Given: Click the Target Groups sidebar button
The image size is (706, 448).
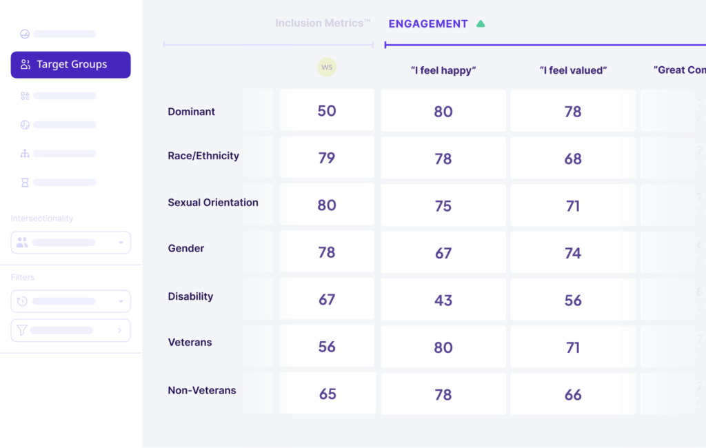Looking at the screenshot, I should [x=70, y=65].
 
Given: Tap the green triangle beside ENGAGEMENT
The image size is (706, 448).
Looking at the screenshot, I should [x=481, y=24].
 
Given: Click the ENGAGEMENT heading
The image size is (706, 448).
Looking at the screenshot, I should [x=427, y=24].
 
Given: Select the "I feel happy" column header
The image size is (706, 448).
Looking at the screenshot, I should [x=443, y=70].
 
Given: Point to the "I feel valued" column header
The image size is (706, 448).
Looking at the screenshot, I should [x=573, y=70].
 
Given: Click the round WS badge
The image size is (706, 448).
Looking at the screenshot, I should [x=327, y=67].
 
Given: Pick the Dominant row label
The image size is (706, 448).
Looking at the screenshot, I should [x=192, y=112].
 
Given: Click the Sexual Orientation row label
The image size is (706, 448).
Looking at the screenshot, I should [x=213, y=203].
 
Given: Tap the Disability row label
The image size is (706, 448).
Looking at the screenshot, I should [x=190, y=296].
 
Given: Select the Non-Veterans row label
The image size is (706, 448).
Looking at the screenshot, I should [x=202, y=390].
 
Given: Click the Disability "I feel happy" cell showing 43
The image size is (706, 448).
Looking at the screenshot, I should [x=443, y=300].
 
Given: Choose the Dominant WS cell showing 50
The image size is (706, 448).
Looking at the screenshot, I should [x=327, y=111].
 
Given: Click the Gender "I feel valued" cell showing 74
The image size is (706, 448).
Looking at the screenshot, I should [x=573, y=253].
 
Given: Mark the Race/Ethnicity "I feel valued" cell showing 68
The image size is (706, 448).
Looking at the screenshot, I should [x=573, y=159].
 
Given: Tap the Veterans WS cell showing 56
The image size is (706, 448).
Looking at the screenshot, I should [x=327, y=347].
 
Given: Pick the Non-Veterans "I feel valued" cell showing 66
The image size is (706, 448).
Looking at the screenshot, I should [x=573, y=394].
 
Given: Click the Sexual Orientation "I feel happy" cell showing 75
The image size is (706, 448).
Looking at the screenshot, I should [x=443, y=205].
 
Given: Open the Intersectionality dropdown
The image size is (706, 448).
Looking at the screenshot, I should [x=70, y=243].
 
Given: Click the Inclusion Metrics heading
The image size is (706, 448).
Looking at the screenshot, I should [x=323, y=23].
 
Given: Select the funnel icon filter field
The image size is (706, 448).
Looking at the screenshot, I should [x=70, y=330].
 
